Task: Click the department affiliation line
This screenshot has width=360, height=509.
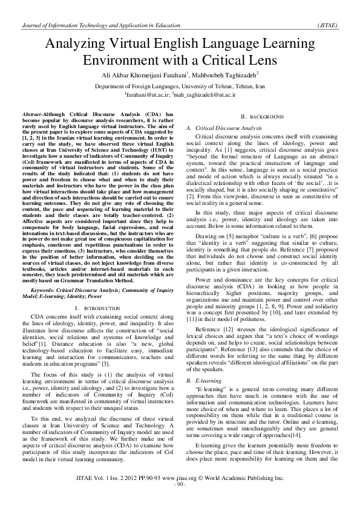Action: coord(180,86)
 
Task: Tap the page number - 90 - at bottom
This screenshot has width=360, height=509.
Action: coord(180,502)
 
